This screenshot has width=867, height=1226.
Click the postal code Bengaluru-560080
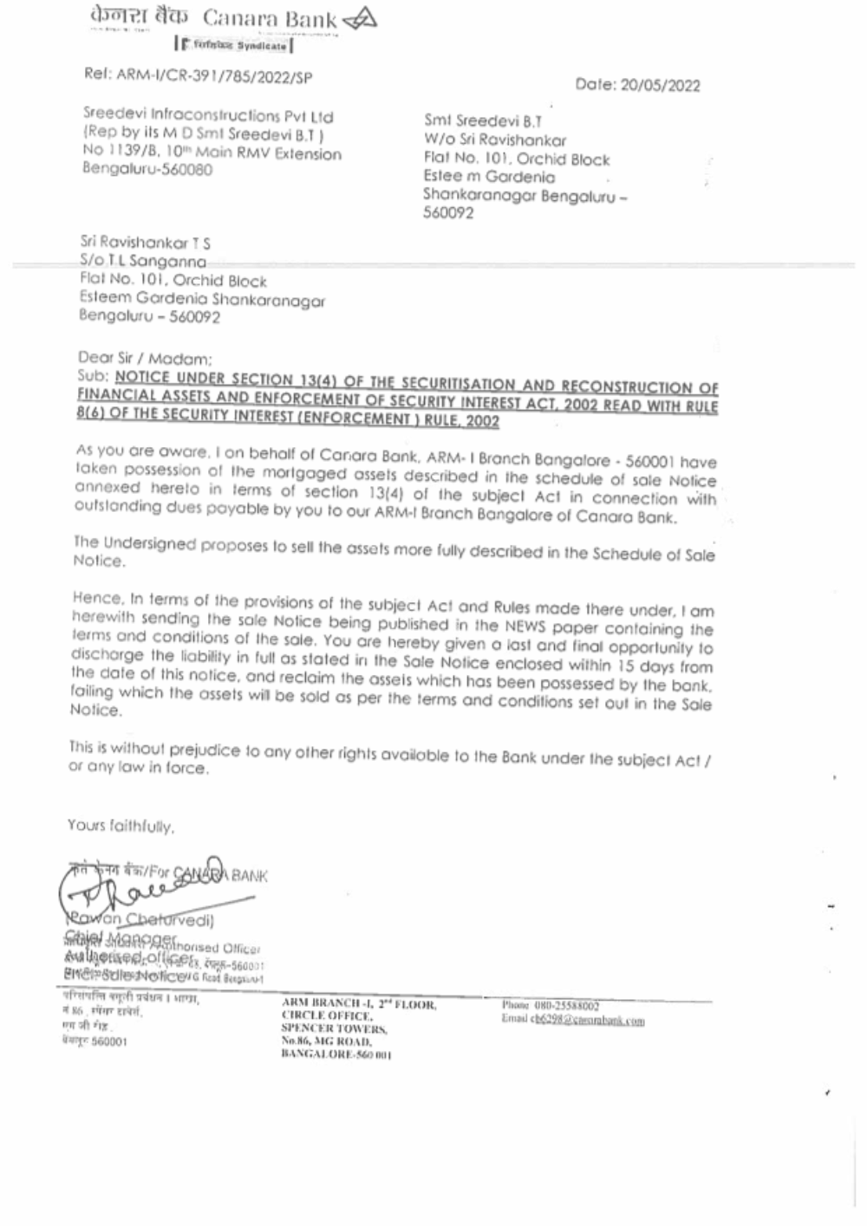pos(147,170)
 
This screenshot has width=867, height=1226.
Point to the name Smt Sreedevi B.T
pos(482,122)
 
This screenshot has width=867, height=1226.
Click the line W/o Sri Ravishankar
pos(494,140)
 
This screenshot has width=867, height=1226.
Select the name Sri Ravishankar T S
pos(145,243)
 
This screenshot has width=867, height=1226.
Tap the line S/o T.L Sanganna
pos(143,261)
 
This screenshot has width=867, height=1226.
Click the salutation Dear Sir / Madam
pos(144,358)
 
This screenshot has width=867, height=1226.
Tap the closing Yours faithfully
pos(121,826)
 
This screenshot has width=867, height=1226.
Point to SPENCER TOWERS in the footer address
pos(334,1029)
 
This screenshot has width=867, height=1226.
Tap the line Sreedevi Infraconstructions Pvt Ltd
pos(208,116)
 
